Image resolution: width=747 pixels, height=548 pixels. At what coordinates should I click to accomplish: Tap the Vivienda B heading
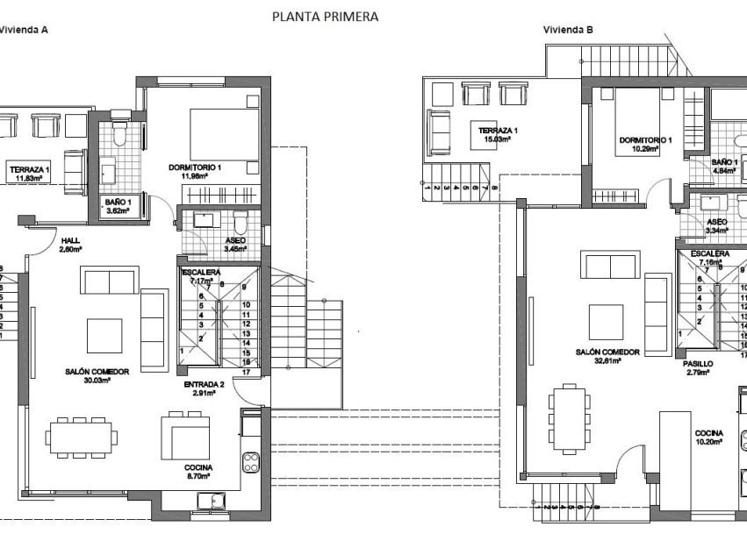pos(568,29)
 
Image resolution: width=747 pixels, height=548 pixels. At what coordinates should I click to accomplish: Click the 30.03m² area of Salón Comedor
pos(97,381)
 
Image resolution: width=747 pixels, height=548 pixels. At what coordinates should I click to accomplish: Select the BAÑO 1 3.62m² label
pos(117,206)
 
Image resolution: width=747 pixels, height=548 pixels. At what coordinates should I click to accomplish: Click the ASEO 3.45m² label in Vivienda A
pos(235,245)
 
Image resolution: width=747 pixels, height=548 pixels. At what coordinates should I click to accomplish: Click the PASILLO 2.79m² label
pos(697,367)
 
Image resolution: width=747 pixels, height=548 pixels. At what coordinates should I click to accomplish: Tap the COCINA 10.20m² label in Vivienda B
pos(708,438)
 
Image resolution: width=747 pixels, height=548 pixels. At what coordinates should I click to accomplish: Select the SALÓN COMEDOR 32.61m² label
pos(607,355)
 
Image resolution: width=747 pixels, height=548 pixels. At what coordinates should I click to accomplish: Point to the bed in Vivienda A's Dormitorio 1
pos(222,134)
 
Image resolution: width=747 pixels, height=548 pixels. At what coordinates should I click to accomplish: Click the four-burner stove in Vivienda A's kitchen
pos(251,460)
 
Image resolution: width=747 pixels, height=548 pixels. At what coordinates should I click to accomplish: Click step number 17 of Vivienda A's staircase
pos(247,372)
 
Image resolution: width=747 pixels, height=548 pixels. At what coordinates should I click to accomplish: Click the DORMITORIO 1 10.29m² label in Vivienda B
pos(645,144)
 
